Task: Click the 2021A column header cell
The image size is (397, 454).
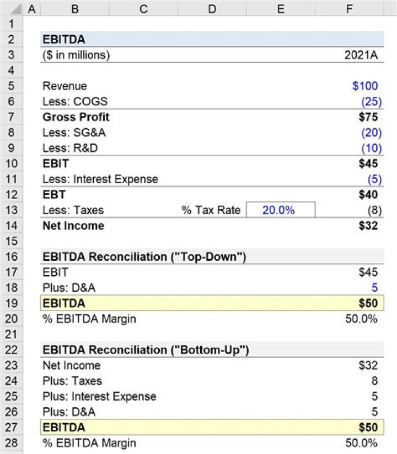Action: [361, 55]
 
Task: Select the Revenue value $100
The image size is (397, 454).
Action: [365, 86]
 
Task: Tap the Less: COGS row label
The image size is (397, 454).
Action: [75, 101]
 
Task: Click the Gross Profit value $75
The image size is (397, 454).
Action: [368, 117]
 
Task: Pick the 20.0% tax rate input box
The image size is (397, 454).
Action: [281, 210]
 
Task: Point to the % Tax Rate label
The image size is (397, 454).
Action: [211, 210]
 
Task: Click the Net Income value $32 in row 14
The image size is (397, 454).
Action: [368, 225]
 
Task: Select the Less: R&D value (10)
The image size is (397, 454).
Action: [369, 148]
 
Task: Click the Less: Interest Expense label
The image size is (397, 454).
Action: [100, 179]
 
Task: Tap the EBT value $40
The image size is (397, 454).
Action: [368, 194]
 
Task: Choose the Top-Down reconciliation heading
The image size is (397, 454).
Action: [144, 256]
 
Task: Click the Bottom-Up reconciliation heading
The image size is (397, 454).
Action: [144, 350]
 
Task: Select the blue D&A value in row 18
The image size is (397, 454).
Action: [374, 287]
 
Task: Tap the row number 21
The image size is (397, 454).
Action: [12, 334]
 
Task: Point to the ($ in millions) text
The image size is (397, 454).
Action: [76, 55]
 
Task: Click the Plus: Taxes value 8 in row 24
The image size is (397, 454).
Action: [374, 381]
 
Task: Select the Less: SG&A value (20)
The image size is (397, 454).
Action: [369, 133]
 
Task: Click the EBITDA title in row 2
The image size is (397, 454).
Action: [64, 40]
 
